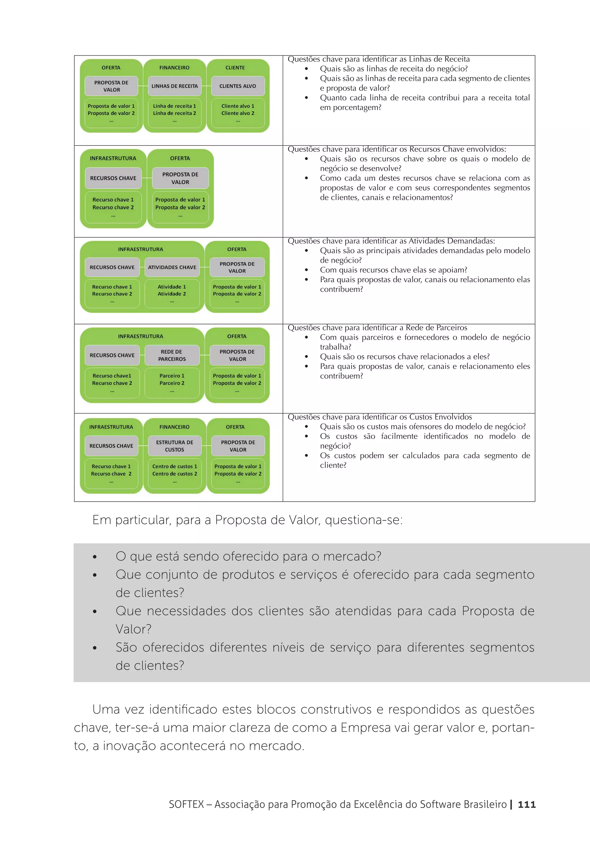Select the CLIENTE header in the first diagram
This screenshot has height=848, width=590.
[235, 68]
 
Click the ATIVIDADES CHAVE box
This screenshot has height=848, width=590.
[172, 267]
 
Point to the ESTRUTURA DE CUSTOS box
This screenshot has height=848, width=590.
[174, 446]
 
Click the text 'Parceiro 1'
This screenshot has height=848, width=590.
[172, 376]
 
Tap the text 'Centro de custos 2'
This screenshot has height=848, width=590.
[174, 474]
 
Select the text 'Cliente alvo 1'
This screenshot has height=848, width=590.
[238, 106]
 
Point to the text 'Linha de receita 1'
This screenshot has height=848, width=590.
[174, 106]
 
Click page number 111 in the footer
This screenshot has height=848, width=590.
[526, 805]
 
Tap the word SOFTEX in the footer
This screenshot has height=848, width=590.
[186, 805]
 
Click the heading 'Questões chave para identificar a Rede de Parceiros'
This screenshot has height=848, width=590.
[377, 328]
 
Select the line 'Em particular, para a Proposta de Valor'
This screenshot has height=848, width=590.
[247, 520]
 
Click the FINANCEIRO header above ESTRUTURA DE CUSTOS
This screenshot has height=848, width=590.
[174, 427]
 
